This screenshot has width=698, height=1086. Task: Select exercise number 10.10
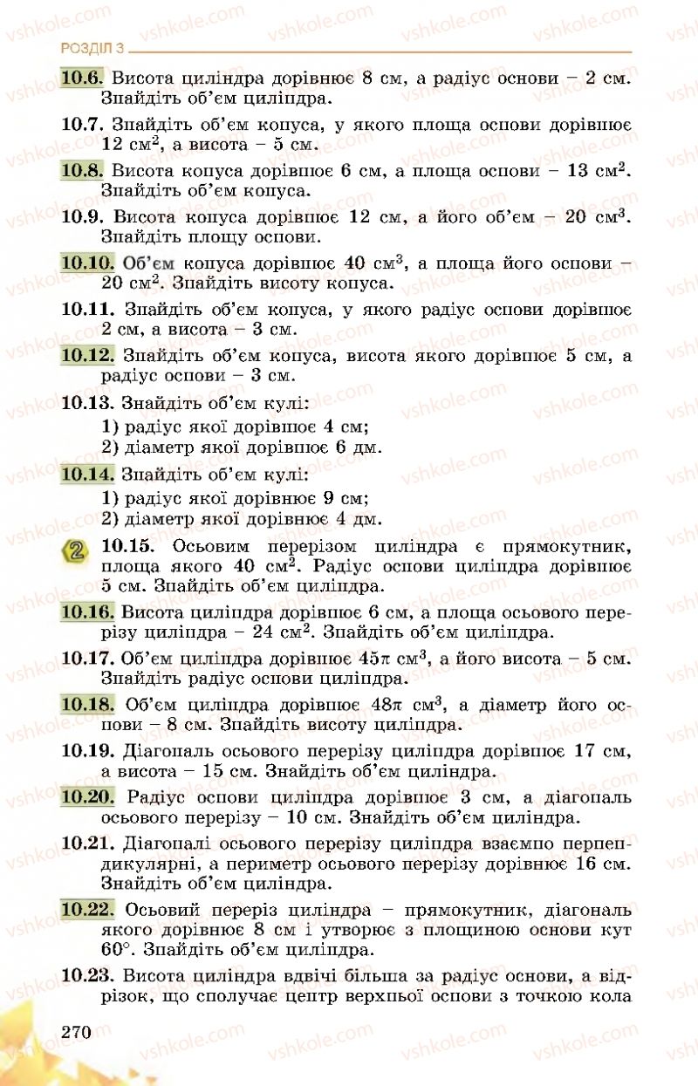(x=88, y=262)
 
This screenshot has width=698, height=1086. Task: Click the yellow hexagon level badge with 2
(x=77, y=550)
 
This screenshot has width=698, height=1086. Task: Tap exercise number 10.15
(x=127, y=546)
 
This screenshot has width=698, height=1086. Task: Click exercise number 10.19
(x=88, y=749)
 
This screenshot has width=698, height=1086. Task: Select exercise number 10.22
(x=88, y=909)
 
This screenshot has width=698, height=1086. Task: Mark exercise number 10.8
(x=82, y=169)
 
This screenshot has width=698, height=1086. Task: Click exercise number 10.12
(x=88, y=355)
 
